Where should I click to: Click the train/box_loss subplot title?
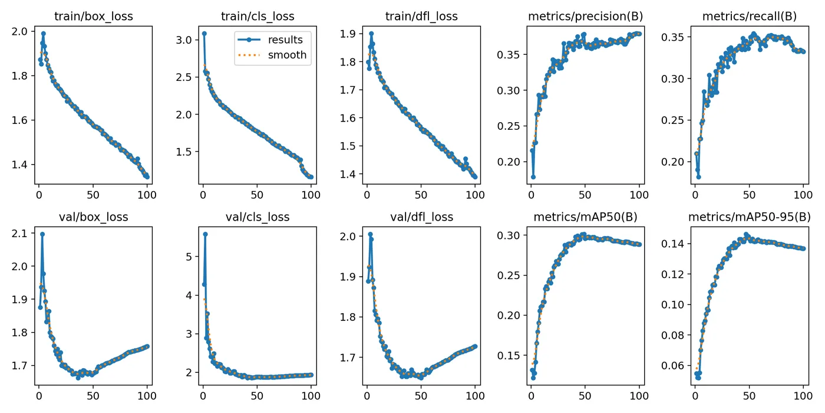(x=93, y=16)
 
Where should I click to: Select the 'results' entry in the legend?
(x=285, y=40)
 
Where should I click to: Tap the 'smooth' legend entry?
(x=287, y=55)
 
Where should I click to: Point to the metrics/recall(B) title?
(x=749, y=16)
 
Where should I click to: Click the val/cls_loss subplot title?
(x=258, y=217)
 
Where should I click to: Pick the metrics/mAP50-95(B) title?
(x=749, y=217)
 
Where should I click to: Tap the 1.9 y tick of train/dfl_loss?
(x=348, y=34)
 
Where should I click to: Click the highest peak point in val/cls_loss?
(x=205, y=234)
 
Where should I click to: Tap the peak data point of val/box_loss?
(x=42, y=234)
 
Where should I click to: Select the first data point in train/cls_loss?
(x=204, y=34)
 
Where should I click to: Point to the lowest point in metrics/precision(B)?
(x=533, y=176)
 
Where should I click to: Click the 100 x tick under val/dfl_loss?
(x=474, y=396)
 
